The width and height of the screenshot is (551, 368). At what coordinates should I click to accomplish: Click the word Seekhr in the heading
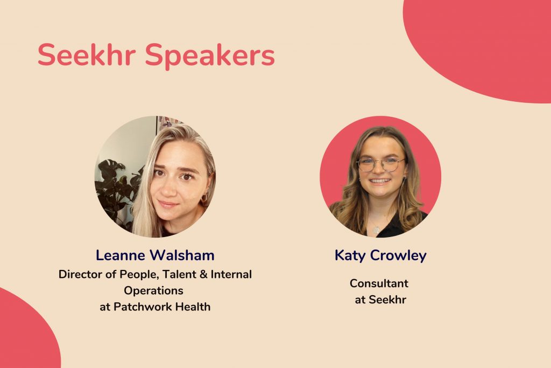(x=87, y=54)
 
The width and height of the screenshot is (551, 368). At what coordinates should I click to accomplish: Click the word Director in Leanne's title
(x=81, y=274)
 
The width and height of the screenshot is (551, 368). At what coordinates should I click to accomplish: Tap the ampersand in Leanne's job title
(x=203, y=274)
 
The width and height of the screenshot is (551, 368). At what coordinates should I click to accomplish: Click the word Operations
(x=153, y=290)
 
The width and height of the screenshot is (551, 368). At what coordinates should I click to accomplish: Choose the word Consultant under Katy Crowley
(x=379, y=283)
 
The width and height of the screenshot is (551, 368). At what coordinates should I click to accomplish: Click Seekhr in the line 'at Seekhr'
(x=387, y=300)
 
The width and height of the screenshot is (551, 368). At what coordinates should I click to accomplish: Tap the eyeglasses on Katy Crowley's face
(x=380, y=164)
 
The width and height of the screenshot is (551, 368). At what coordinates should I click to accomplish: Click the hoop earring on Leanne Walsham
(x=204, y=198)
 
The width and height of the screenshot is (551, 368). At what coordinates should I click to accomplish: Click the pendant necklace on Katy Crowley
(x=376, y=230)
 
